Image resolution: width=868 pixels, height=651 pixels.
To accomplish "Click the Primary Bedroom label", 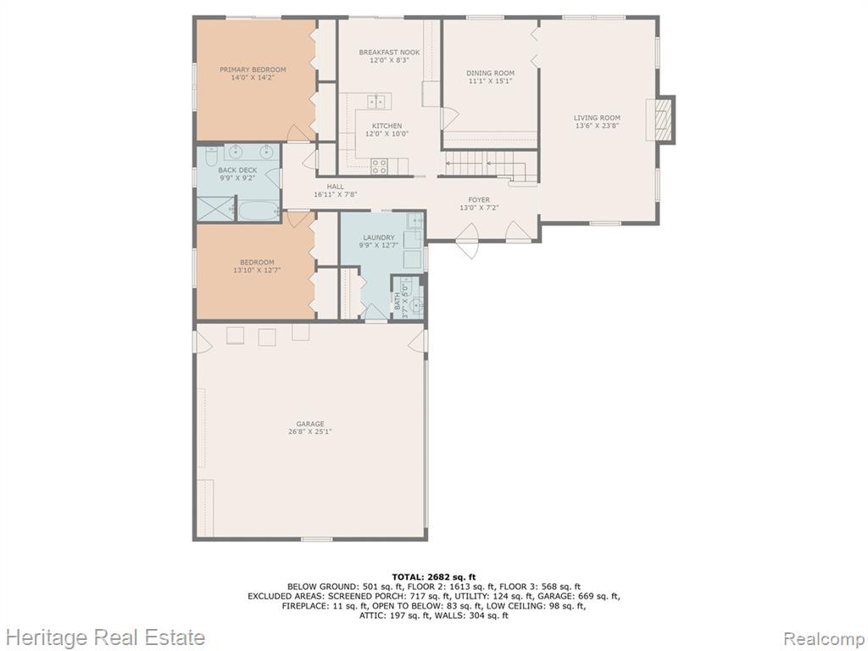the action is pyautogui.click(x=253, y=70).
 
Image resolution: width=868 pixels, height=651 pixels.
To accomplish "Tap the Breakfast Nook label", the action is pyautogui.click(x=389, y=53).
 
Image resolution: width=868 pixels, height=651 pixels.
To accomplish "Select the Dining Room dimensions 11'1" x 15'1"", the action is pyautogui.click(x=490, y=81).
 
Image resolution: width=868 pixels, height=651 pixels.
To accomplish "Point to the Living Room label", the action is pyautogui.click(x=597, y=118).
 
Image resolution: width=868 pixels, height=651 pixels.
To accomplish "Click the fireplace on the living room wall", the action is pyautogui.click(x=661, y=120).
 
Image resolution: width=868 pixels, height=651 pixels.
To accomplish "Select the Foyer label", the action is pyautogui.click(x=479, y=200).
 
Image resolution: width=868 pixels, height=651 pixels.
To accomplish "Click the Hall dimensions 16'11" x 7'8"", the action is pyautogui.click(x=336, y=195).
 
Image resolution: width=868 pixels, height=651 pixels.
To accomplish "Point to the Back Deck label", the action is pyautogui.click(x=237, y=170).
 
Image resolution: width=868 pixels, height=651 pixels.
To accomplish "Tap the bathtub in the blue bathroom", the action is pyautogui.click(x=259, y=210).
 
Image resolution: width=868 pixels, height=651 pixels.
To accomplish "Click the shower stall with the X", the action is pyautogui.click(x=216, y=209).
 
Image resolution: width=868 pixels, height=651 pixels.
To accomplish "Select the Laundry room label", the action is pyautogui.click(x=379, y=237).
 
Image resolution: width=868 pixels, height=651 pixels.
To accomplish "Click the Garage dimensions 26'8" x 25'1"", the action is pyautogui.click(x=310, y=431).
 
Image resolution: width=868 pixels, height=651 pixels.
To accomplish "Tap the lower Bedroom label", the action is pyautogui.click(x=257, y=263).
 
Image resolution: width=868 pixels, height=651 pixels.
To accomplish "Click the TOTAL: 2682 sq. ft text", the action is pyautogui.click(x=434, y=577).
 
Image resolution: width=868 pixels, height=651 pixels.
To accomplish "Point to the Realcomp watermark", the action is pyautogui.click(x=824, y=637).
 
